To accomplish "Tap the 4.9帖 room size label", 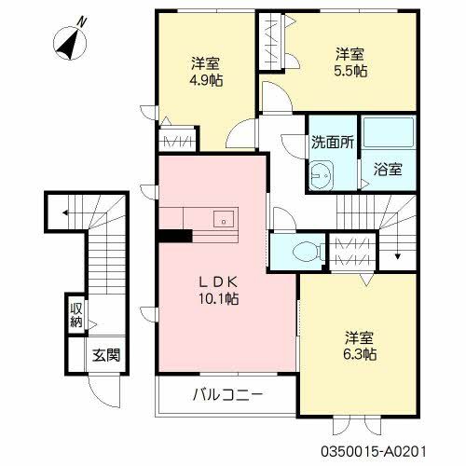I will (205, 79).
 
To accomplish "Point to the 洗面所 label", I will (331, 144).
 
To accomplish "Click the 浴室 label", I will (389, 170).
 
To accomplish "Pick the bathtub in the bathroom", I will (387, 134).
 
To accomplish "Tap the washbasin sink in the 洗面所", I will (322, 172).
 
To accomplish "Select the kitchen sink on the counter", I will (225, 221).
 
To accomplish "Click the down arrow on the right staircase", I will (398, 251).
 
